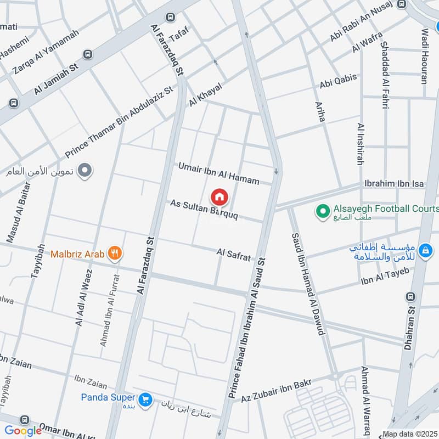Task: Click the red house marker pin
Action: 219,196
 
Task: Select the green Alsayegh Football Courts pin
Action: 323,210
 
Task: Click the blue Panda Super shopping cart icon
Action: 145,398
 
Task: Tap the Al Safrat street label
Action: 234,254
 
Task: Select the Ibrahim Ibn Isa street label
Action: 394,184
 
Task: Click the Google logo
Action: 23,431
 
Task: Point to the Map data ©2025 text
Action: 409,434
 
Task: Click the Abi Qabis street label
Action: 338,81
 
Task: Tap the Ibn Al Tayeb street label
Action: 385,279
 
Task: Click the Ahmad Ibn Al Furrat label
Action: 110,311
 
